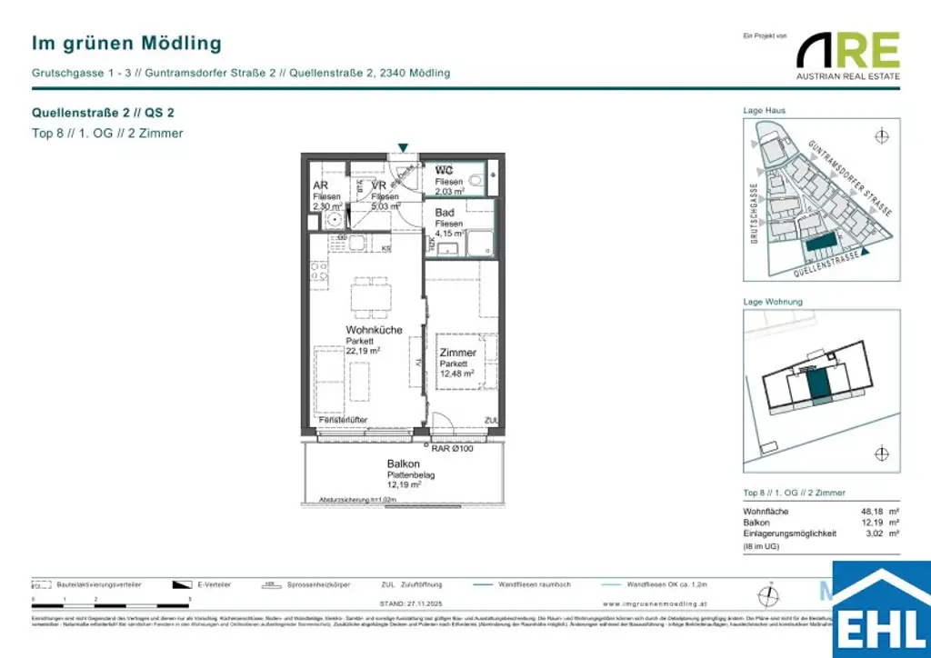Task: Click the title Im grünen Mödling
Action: tap(126, 43)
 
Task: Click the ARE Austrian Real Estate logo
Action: tap(847, 55)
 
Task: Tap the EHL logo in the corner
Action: tap(881, 610)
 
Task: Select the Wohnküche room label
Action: tap(373, 330)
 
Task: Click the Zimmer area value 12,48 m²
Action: tap(456, 374)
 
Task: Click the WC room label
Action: tap(444, 171)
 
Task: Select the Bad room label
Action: tap(444, 213)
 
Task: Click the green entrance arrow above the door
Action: tap(403, 147)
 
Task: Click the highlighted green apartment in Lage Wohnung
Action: tap(820, 384)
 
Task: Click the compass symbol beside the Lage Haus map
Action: tap(880, 136)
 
